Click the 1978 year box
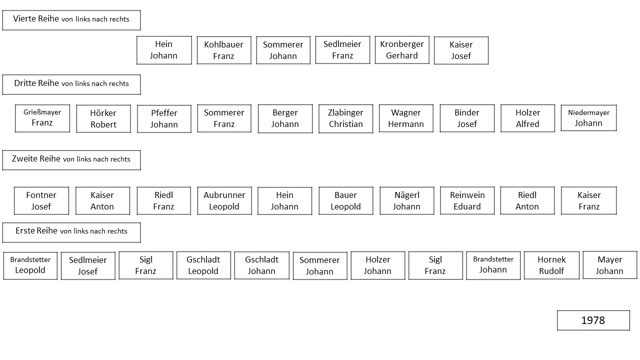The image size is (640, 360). [593, 320]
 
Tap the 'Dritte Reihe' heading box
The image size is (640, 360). [71, 84]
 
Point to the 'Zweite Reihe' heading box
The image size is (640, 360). [71, 160]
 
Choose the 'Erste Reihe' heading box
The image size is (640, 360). [71, 232]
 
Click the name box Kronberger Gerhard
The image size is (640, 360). [402, 49]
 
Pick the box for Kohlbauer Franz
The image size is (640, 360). [224, 50]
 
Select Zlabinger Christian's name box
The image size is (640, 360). [345, 118]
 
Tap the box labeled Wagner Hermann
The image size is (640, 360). [406, 118]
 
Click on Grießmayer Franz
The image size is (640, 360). [42, 118]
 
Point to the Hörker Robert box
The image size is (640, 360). [103, 118]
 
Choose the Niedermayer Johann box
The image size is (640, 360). [588, 118]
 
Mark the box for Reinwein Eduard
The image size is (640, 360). [467, 200]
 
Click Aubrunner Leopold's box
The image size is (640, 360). [224, 200]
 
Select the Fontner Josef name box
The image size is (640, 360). [41, 200]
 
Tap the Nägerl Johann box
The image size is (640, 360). [407, 200]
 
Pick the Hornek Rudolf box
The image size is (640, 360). [551, 265]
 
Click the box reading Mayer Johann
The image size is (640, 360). [609, 265]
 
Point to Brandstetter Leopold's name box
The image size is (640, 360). [30, 265]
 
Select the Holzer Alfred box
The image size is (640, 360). [527, 118]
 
